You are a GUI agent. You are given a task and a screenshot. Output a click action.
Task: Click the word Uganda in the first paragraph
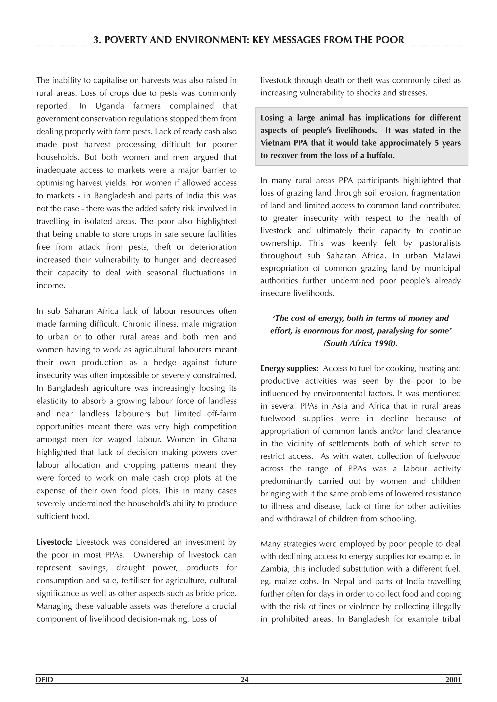tap(109, 106)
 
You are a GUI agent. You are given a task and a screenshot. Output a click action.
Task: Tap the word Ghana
tap(225, 439)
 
